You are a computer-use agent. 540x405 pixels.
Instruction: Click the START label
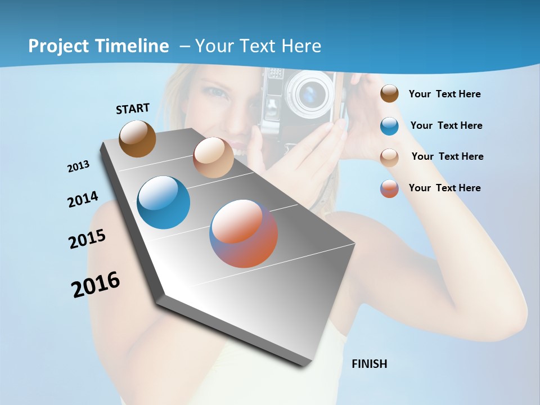coord(133,109)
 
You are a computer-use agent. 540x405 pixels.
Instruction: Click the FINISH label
coord(370,364)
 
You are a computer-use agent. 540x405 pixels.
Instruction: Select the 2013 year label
coord(79,166)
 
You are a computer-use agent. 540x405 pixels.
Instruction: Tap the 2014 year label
coord(83,200)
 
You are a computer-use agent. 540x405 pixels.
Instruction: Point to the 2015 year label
coord(87,239)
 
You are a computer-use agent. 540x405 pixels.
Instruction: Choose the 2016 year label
coord(96,284)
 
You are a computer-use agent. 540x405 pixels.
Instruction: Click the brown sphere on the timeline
coord(138,138)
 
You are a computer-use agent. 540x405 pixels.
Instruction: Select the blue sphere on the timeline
coord(164,202)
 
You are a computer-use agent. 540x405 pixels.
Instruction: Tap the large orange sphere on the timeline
coord(244,233)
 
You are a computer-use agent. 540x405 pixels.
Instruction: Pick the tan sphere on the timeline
coord(213,157)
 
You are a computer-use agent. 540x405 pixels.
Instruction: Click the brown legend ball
coord(389,94)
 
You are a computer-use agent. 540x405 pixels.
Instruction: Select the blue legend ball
coord(389,125)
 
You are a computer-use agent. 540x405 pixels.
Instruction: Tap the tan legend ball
coord(389,157)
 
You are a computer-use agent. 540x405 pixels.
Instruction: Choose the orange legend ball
coord(389,188)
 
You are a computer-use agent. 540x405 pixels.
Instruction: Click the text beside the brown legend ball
coord(445,94)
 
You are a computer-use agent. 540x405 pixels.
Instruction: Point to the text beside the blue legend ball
coord(447,125)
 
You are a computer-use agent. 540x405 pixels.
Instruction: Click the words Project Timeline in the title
coord(98,46)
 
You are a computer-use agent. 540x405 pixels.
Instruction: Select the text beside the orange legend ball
coord(445,188)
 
